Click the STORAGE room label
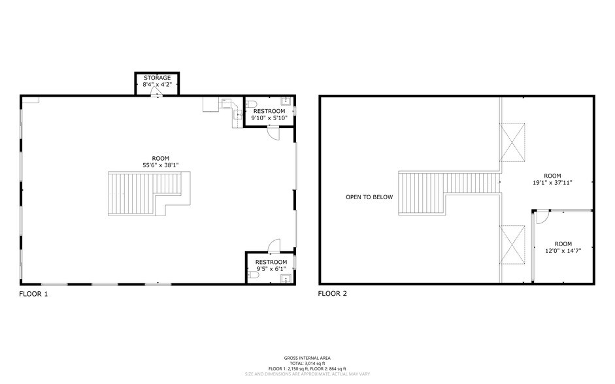pyautogui.click(x=157, y=78)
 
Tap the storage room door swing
pyautogui.click(x=157, y=93)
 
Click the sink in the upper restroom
pyautogui.click(x=286, y=101)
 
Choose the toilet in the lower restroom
pyautogui.click(x=254, y=276)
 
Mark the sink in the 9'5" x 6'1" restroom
pyautogui.click(x=285, y=279)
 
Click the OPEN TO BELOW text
pyautogui.click(x=369, y=197)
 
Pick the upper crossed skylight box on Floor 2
pyautogui.click(x=512, y=141)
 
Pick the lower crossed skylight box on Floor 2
pyautogui.click(x=512, y=245)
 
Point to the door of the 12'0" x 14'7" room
pyautogui.click(x=540, y=216)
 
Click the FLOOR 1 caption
pyautogui.click(x=33, y=294)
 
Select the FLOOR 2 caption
pyautogui.click(x=333, y=294)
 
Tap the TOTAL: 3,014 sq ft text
pyautogui.click(x=307, y=364)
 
